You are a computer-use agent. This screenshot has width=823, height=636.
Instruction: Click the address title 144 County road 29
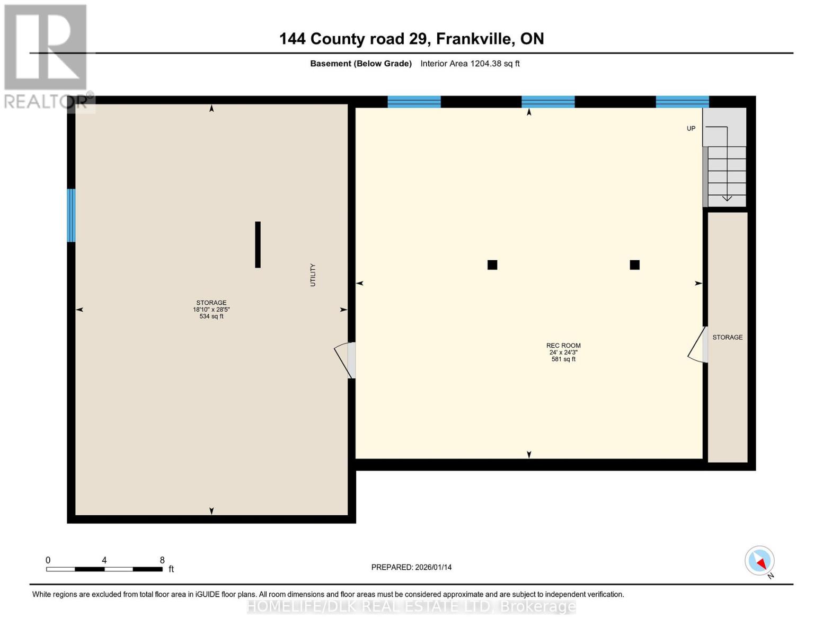tap(411, 39)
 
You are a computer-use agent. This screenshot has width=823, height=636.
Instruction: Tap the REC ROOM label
tap(563, 346)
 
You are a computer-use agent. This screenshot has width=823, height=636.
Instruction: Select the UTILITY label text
tap(313, 275)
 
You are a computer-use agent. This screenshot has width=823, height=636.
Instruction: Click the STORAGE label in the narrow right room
tap(727, 337)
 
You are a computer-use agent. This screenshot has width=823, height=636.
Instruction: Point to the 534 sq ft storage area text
tap(211, 316)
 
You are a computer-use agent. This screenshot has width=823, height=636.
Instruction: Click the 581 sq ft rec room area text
tap(563, 359)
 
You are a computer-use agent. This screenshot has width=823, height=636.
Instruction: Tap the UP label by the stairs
tap(691, 128)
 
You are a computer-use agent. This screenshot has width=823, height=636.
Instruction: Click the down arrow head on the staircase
tap(727, 198)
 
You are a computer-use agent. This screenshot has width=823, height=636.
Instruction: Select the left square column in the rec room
tap(492, 265)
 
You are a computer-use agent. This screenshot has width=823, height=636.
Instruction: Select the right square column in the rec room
tap(634, 265)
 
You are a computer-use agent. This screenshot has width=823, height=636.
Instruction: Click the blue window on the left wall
tap(71, 215)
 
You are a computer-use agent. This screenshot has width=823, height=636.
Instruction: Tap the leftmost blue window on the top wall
tap(414, 102)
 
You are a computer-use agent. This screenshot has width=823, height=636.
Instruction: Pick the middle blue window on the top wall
tap(548, 102)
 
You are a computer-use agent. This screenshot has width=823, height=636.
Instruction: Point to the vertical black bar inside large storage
tap(258, 244)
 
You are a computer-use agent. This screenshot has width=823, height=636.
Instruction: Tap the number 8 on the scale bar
tap(162, 560)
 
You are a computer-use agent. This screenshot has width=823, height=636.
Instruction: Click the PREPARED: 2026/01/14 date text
tap(411, 567)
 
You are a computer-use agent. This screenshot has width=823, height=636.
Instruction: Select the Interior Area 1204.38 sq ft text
tap(470, 64)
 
